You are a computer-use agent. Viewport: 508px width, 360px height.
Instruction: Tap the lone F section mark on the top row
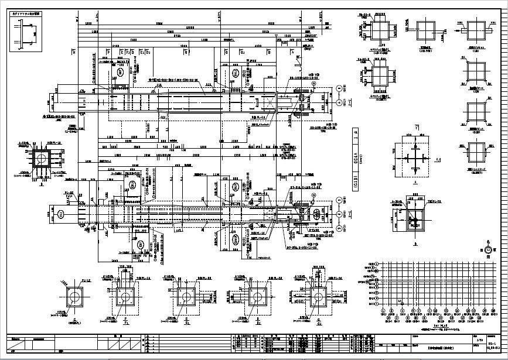pos(108,52)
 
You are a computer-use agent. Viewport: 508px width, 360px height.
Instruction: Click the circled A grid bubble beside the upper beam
pos(339,101)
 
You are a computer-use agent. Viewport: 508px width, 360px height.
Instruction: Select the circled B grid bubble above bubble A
pos(339,88)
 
